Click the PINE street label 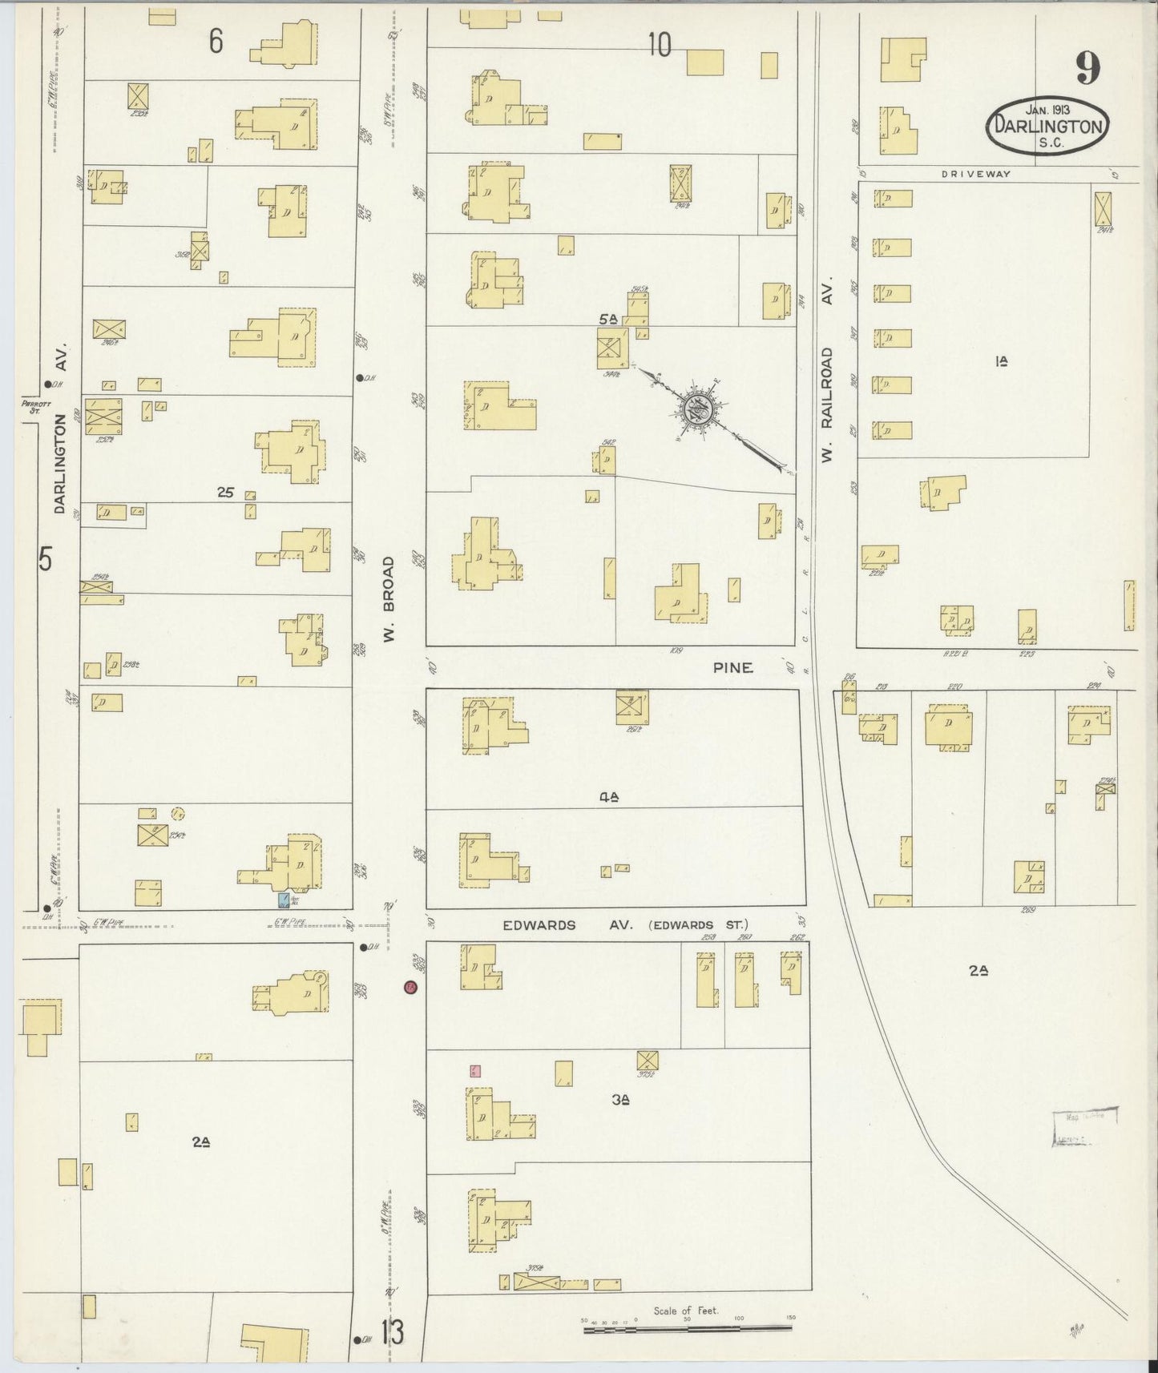(x=733, y=667)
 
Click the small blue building (x=283, y=900)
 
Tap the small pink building (x=475, y=1071)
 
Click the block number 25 (x=225, y=493)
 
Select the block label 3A (x=619, y=1101)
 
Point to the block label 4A (x=609, y=796)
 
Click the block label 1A (x=1000, y=362)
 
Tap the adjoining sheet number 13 (x=392, y=1334)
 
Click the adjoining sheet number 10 (x=659, y=46)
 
